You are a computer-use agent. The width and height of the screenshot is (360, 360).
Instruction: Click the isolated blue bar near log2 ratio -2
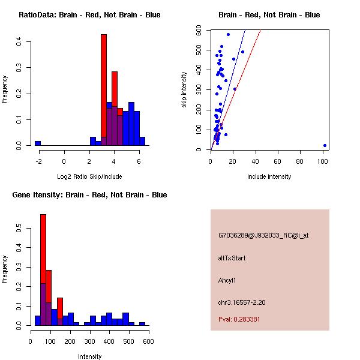(x=38, y=143)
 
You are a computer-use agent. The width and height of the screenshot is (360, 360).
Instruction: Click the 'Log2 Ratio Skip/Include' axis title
(x=89, y=176)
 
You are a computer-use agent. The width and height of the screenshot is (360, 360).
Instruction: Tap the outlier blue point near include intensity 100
(x=325, y=145)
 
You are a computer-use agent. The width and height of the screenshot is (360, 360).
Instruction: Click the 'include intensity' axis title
(x=269, y=176)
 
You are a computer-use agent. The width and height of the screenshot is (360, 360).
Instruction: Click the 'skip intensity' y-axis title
(x=185, y=89)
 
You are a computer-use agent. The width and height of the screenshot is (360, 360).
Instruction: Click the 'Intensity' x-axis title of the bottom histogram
(x=89, y=356)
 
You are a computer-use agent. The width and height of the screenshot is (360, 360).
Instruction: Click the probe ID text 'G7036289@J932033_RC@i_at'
(x=263, y=236)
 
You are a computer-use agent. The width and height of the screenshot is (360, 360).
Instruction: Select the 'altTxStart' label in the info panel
(x=232, y=258)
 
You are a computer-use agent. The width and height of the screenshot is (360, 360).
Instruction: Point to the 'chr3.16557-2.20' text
(x=242, y=302)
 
